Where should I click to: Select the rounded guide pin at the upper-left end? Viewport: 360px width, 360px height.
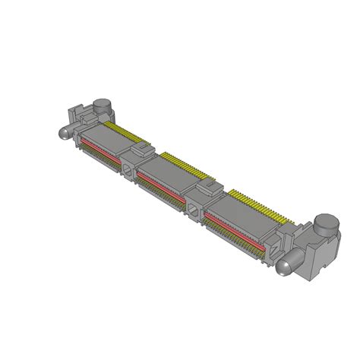[x=64, y=132]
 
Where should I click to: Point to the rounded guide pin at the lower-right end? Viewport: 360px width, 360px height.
[x=284, y=267]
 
